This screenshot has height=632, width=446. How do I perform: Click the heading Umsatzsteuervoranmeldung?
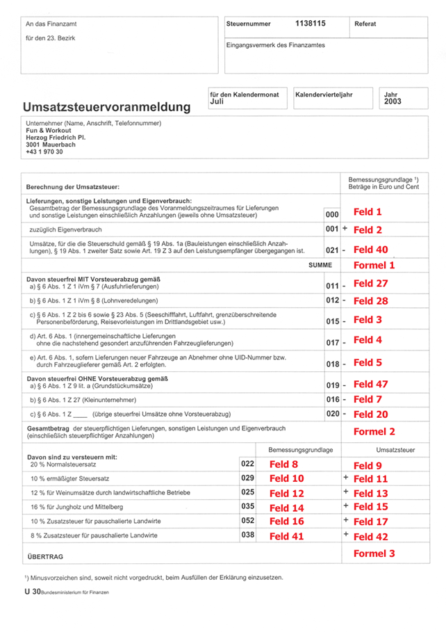106,107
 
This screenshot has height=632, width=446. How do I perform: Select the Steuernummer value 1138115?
311,24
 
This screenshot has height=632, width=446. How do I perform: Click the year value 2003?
393,101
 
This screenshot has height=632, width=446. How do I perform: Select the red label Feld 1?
368,212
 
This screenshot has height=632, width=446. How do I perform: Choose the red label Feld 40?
371,249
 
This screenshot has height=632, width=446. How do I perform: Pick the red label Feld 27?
371,284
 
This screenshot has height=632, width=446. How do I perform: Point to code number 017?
332,343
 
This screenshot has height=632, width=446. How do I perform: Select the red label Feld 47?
371,384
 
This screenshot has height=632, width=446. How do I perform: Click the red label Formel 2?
374,431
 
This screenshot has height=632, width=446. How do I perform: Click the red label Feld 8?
283,464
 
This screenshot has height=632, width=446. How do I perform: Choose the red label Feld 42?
371,536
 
